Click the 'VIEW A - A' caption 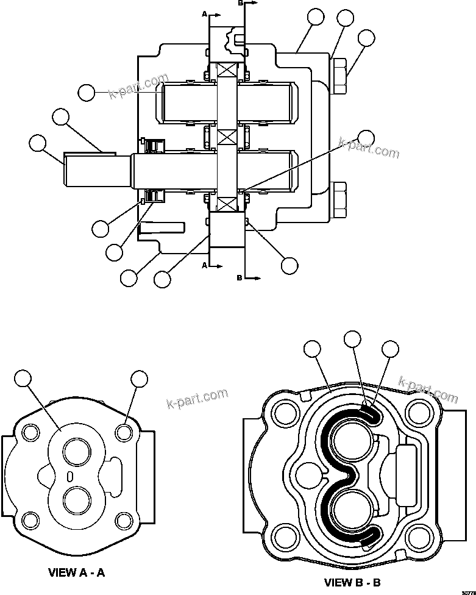[76, 572]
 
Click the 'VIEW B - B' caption [352, 582]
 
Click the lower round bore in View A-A [77, 502]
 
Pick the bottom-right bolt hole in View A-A [124, 521]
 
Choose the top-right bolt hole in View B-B [417, 414]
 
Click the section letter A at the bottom [204, 265]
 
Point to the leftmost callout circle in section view [38, 144]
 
